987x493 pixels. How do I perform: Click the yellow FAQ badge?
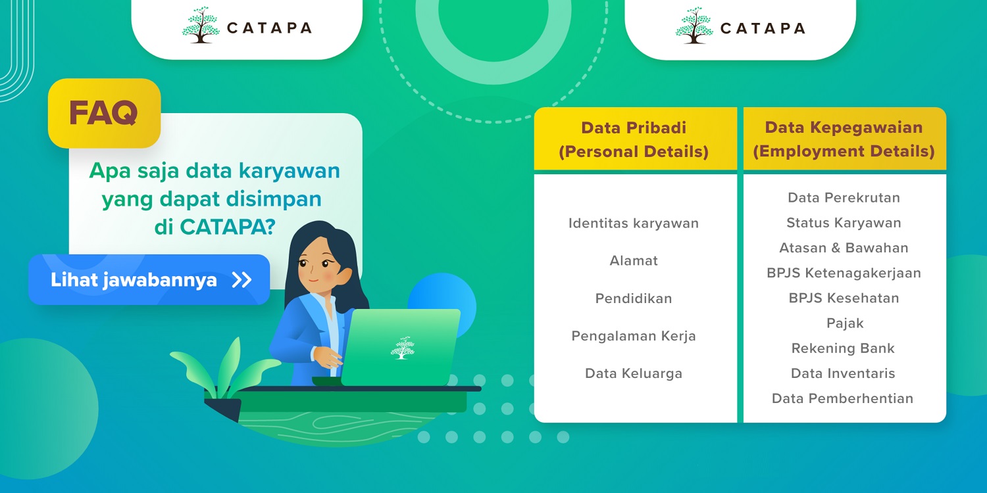point(105,113)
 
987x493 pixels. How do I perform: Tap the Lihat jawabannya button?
point(149,279)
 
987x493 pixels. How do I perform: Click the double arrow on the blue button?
point(242,280)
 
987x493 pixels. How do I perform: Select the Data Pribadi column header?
point(635,139)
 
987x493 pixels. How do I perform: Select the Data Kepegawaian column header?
point(844,139)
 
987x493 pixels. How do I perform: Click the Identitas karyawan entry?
point(634,223)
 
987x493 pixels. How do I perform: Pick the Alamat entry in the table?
point(634,260)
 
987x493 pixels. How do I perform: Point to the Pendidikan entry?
point(634,298)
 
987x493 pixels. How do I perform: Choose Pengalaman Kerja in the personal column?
point(634,337)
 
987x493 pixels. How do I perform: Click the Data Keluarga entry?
point(634,374)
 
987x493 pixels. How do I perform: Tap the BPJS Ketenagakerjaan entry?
point(844,273)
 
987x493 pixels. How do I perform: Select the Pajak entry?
point(845,323)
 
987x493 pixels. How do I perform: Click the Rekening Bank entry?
point(843,348)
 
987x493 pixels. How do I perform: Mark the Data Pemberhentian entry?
point(842,398)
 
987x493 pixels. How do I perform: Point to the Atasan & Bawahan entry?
point(844,248)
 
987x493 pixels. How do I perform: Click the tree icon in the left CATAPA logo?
point(201,25)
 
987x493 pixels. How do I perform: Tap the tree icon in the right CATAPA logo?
point(694,25)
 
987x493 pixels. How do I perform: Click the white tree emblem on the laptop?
point(402,348)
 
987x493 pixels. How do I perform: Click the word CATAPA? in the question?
point(228,227)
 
